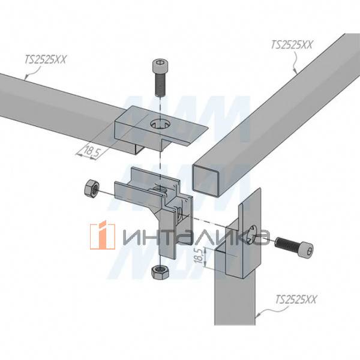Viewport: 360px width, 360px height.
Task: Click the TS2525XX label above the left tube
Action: point(45,59)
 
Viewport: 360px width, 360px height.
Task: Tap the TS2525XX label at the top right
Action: point(292,44)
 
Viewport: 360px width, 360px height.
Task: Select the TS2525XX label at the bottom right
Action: point(296,299)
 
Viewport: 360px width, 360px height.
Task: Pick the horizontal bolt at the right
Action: point(294,245)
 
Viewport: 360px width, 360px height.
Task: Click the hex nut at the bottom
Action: point(160,271)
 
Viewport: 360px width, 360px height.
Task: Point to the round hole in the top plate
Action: point(160,124)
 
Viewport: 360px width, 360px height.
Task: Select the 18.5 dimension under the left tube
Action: point(92,151)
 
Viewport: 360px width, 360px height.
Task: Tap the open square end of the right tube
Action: point(205,181)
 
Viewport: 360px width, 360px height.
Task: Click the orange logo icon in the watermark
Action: point(103,235)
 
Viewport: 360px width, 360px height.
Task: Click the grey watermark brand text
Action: point(195,236)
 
